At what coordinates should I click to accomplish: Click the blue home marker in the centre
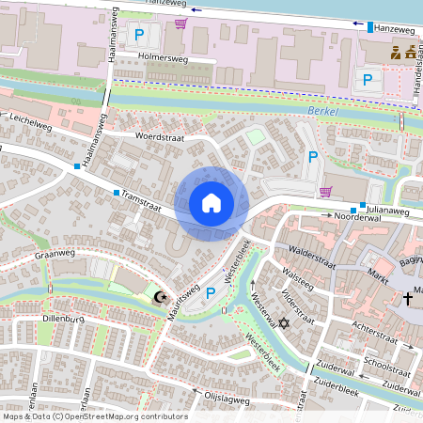211,203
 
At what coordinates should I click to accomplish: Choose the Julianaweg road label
389,211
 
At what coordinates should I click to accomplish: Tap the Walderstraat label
313,254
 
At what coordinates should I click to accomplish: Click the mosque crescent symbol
161,297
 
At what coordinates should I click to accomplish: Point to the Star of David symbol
281,322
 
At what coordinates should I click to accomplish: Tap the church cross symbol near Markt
407,298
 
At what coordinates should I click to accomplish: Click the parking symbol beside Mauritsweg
211,293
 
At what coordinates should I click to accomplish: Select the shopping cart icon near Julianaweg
325,192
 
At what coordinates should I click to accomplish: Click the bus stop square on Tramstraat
117,193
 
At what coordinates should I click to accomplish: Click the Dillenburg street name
64,319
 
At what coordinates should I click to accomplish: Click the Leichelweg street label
31,123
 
